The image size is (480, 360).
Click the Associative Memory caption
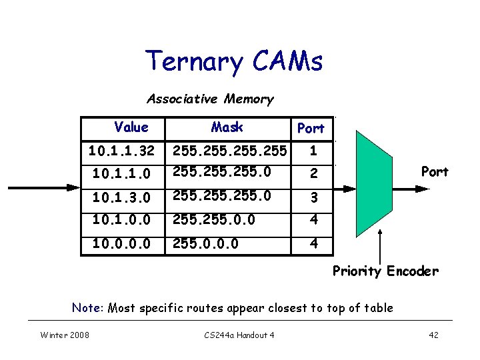tap(210, 99)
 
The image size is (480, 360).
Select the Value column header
tap(131, 127)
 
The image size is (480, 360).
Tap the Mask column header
tap(227, 127)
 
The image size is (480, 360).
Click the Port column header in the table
tap(311, 128)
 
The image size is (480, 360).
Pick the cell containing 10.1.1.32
tap(121, 152)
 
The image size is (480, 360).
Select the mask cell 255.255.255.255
tap(231, 152)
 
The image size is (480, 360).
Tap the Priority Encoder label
tap(385, 271)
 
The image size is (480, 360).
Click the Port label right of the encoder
tap(435, 172)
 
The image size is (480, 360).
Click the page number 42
tap(433, 335)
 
